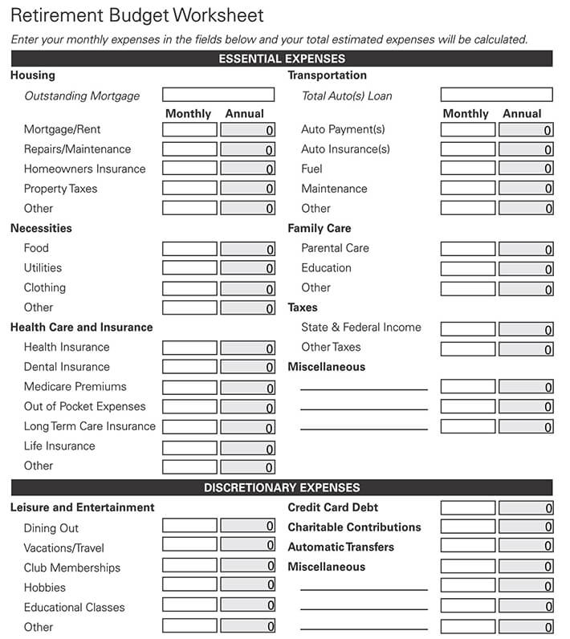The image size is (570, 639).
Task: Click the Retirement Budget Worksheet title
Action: point(136,16)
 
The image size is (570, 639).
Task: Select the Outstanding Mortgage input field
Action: point(218,95)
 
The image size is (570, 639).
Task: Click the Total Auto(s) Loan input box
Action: point(496,95)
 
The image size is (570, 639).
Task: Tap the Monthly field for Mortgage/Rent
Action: point(189,129)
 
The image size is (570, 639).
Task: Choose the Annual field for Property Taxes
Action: point(247,189)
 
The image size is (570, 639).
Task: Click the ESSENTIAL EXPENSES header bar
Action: point(282,59)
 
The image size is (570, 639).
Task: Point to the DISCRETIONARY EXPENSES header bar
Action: point(282,487)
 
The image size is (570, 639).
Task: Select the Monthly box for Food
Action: point(189,249)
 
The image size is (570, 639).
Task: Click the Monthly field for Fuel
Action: point(468,169)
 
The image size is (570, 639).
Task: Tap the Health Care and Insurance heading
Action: point(81,328)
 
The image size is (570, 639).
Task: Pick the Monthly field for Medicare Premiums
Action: point(189,388)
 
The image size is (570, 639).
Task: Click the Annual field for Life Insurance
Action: point(247,448)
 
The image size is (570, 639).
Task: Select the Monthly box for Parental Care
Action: point(468,249)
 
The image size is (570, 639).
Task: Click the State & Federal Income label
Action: point(360,328)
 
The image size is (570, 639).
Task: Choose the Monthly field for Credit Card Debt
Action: point(468,507)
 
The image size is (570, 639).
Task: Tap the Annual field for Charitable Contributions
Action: point(526,527)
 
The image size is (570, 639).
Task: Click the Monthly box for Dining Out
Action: point(189,526)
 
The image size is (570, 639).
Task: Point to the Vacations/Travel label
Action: point(64,547)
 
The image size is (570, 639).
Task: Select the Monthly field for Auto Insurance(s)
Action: point(468,149)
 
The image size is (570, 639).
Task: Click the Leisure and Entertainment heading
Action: point(82,507)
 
